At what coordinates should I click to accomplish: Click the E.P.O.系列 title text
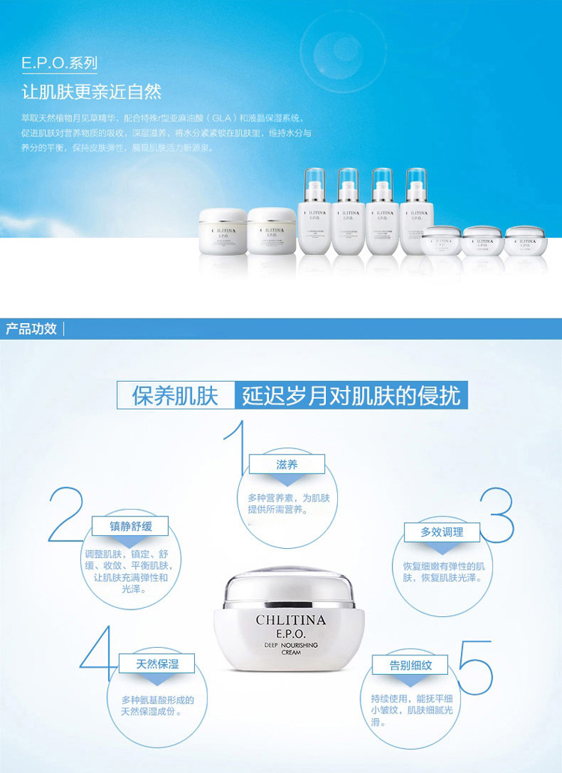point(60,64)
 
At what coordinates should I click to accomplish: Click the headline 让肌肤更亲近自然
point(92,91)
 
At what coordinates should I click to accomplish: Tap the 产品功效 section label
point(31,328)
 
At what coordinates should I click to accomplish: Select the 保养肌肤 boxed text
point(175,395)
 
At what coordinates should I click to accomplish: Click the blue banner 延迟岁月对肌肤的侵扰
point(351,395)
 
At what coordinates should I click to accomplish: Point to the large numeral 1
point(238,450)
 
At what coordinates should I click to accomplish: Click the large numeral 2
point(65,515)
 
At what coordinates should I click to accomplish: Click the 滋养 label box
point(287,465)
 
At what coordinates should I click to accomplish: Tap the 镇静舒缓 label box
point(130,526)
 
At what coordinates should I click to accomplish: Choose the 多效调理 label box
point(442,532)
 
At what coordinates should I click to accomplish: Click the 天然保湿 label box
point(157,664)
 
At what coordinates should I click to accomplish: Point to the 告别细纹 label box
point(410,665)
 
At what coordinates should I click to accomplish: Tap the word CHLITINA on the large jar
point(291,620)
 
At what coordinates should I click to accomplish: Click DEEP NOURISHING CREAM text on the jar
point(291,649)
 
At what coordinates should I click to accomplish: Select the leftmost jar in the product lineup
point(223,232)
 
